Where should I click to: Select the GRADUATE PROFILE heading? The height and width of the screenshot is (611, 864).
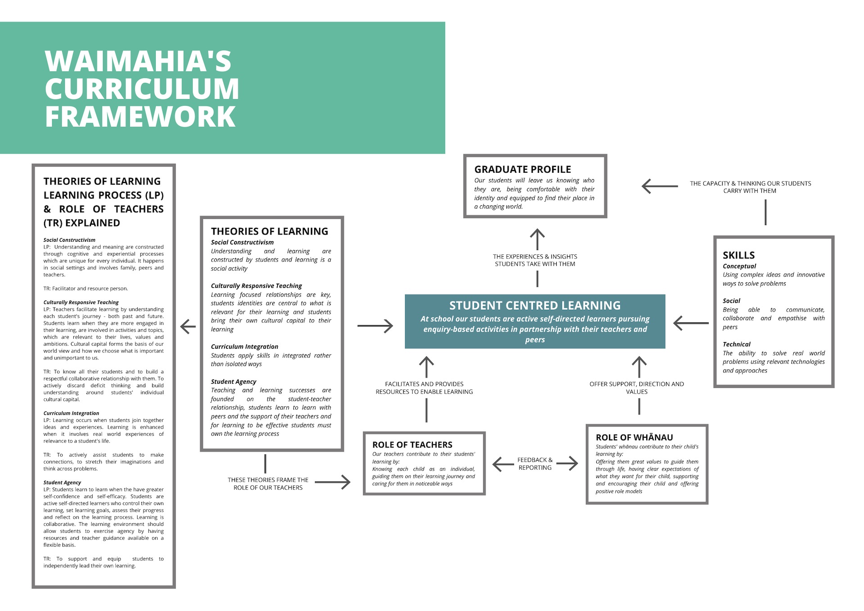pos(522,169)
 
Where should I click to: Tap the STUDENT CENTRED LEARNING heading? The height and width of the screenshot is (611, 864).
pos(535,305)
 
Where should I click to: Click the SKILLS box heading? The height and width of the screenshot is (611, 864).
pos(738,255)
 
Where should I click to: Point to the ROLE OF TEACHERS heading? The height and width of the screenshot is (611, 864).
pos(412,444)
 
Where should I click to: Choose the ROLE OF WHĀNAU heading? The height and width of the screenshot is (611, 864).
pos(634,437)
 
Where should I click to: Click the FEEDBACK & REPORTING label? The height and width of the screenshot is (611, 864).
pos(535,464)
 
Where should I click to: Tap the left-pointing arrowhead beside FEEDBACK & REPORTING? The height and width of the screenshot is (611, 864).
pos(498,464)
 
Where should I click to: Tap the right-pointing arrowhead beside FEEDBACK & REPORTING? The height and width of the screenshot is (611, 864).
pos(572,464)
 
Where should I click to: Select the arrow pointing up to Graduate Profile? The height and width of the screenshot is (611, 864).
pos(537,240)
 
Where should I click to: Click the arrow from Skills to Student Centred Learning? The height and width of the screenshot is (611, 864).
pos(691,323)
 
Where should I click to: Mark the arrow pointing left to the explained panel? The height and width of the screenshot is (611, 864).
pos(188,326)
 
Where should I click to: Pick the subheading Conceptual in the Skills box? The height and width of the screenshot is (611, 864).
pos(739,266)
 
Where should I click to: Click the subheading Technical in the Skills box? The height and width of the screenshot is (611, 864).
pos(737,344)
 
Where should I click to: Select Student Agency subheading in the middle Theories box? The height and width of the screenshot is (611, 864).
pos(234,382)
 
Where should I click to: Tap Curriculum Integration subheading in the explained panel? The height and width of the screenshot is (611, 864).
pos(71,413)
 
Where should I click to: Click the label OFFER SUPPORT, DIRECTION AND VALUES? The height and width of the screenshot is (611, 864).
pos(637,388)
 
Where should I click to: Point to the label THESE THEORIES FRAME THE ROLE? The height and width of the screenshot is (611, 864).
pos(268,484)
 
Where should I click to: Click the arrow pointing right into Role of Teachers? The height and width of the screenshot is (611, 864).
pos(333,482)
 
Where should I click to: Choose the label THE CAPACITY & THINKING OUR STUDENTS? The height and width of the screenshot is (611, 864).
pos(751,187)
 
